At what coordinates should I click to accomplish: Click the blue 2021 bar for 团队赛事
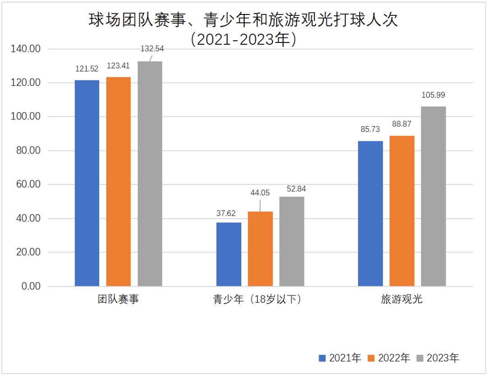[87, 183]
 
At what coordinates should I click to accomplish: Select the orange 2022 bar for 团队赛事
[119, 182]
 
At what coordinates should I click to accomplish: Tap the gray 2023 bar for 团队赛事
[150, 173]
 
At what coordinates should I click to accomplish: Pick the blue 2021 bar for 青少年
[229, 254]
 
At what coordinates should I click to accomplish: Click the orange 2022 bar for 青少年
[260, 249]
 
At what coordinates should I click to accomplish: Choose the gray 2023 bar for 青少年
[292, 241]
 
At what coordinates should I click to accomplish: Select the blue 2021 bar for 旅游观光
[370, 214]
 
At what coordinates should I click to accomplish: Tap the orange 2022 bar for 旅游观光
[402, 211]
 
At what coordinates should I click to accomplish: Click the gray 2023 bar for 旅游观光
[433, 196]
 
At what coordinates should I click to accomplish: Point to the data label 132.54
[153, 48]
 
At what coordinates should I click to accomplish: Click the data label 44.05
[260, 193]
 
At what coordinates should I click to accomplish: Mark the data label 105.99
[433, 95]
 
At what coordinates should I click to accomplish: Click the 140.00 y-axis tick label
[25, 49]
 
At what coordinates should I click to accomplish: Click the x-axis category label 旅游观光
[402, 299]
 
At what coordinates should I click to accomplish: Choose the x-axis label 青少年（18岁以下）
[257, 299]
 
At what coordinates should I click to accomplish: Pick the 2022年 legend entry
[389, 358]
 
